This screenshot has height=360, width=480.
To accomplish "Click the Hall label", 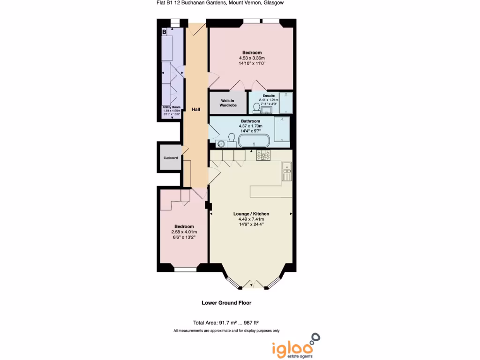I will [x=196, y=109].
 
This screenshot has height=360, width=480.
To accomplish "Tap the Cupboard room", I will [x=170, y=158].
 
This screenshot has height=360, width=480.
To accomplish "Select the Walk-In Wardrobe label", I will [x=228, y=103].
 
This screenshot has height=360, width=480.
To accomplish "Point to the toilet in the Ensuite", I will [x=256, y=108].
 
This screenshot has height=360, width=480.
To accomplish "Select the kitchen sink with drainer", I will [x=286, y=171].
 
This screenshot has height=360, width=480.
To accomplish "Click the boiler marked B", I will [x=164, y=32].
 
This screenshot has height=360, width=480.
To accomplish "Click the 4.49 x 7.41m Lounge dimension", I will [x=251, y=219].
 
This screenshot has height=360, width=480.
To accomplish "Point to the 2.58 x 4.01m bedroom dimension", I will [x=184, y=232].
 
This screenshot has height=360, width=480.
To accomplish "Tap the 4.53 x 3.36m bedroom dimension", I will [x=252, y=59].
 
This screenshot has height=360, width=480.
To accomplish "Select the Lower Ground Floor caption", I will [x=226, y=303].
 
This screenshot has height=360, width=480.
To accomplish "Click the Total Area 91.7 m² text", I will [x=226, y=322].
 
